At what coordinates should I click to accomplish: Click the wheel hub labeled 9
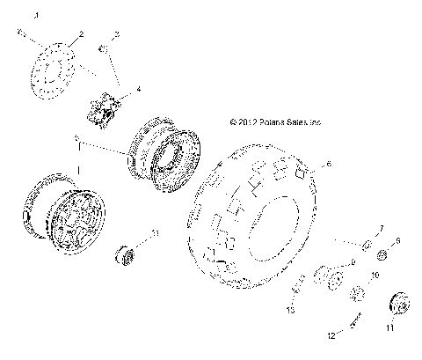click(x=327, y=277)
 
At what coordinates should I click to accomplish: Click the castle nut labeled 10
click(x=358, y=295)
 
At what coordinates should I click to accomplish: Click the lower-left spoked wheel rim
click(x=64, y=215)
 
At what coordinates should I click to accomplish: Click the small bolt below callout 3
click(x=103, y=49)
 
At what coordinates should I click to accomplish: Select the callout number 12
click(x=332, y=335)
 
